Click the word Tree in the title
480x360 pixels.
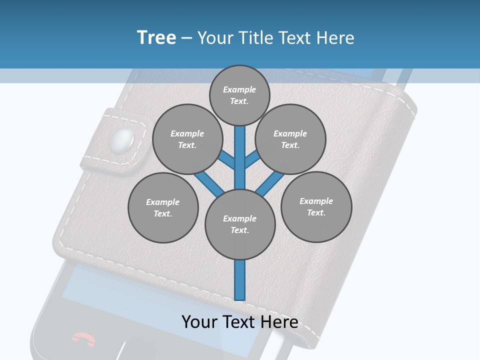156,37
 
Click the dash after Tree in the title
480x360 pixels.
186,38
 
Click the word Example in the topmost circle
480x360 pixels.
239,89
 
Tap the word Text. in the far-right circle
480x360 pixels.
316,212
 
